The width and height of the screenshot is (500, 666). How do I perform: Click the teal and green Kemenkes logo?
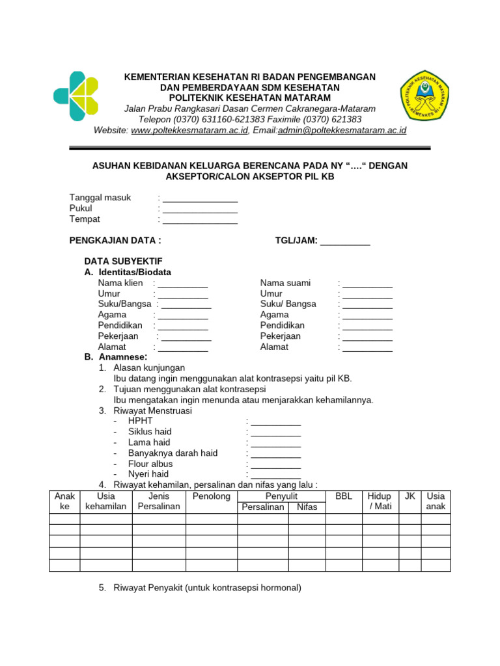pos(76,96)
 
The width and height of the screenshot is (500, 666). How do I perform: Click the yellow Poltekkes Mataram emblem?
pos(427,95)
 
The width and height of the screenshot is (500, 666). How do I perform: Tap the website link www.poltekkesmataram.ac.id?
pos(189,130)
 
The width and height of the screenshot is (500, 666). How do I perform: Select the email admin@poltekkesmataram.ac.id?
pos(342,130)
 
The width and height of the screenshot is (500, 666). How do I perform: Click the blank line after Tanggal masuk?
pos(200,198)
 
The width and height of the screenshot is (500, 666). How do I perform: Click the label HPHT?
pos(141,421)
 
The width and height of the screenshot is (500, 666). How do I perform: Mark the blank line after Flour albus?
pos(276,464)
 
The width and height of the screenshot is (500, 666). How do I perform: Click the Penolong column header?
pos(212,496)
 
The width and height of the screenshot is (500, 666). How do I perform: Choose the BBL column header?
pos(343,496)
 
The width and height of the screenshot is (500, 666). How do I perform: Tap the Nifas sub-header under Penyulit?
pos(307,507)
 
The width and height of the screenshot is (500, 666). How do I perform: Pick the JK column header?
pos(410,496)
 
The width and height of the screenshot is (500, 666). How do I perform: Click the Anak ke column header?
pos(64,501)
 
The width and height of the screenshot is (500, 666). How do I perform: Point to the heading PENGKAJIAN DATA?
pos(115,241)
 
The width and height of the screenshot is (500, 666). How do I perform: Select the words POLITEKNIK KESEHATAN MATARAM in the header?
pos(250,98)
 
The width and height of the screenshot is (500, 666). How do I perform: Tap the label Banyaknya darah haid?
pos(173,453)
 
